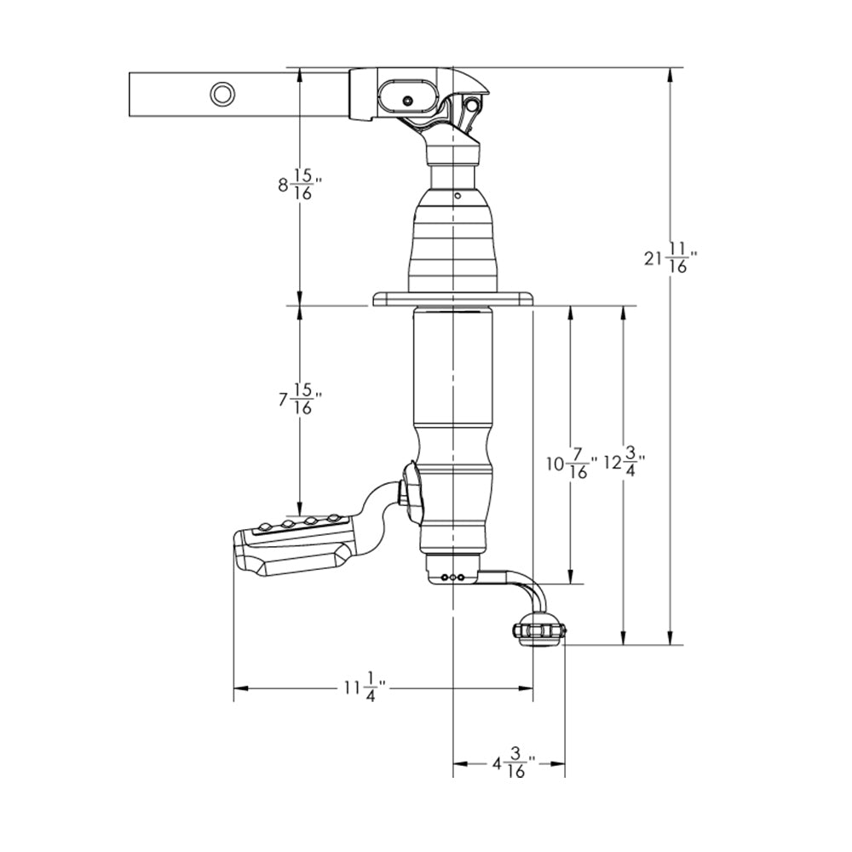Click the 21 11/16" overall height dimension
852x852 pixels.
pos(671,257)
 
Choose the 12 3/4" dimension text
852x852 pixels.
pos(624,464)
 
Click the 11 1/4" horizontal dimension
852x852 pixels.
pos(365,687)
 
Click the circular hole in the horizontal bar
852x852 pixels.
pos(222,94)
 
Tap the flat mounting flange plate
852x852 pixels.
pos(452,298)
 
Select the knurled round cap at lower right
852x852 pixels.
pos(539,632)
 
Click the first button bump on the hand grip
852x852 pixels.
pos(265,527)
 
